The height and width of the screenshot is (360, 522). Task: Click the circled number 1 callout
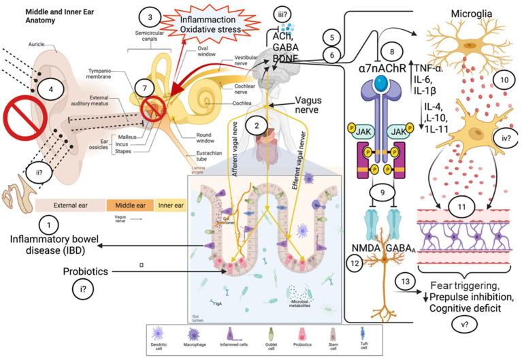[47, 222]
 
